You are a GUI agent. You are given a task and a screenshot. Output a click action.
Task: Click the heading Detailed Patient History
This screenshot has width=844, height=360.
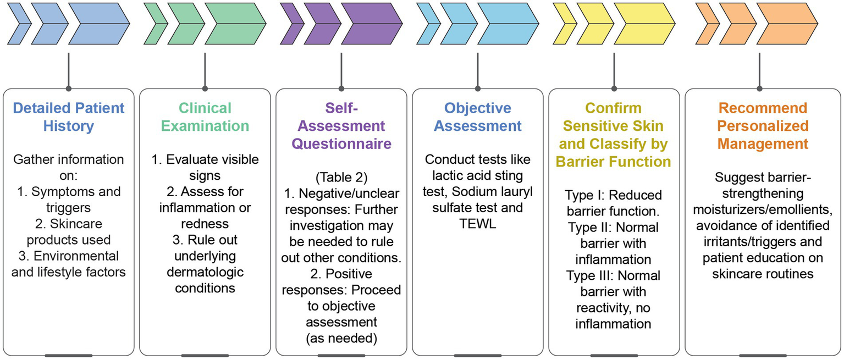[69, 117]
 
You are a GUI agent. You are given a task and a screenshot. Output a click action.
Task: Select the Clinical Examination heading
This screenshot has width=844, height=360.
[205, 117]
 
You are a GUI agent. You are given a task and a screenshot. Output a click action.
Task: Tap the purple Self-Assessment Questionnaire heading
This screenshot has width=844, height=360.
[341, 126]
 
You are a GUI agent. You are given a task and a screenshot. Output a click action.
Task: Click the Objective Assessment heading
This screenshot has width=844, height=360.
[477, 117]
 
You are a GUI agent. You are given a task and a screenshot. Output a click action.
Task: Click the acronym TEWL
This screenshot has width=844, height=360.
[477, 225]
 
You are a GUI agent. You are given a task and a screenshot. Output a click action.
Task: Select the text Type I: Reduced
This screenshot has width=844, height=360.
[614, 195]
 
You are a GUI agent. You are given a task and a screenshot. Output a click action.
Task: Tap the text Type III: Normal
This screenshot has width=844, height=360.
[614, 275]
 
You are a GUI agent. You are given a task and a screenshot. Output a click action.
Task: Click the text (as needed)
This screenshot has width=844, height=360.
[341, 338]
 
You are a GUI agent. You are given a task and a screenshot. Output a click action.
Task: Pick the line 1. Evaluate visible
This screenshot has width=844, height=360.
[205, 159]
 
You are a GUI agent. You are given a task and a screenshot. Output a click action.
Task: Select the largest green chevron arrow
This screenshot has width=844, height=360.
[235, 24]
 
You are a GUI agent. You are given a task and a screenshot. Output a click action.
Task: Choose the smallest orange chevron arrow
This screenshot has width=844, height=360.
[706, 24]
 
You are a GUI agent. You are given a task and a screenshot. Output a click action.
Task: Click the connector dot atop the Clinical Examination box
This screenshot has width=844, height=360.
[205, 88]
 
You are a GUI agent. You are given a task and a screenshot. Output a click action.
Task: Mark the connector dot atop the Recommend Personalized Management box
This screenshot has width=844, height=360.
[760, 88]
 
